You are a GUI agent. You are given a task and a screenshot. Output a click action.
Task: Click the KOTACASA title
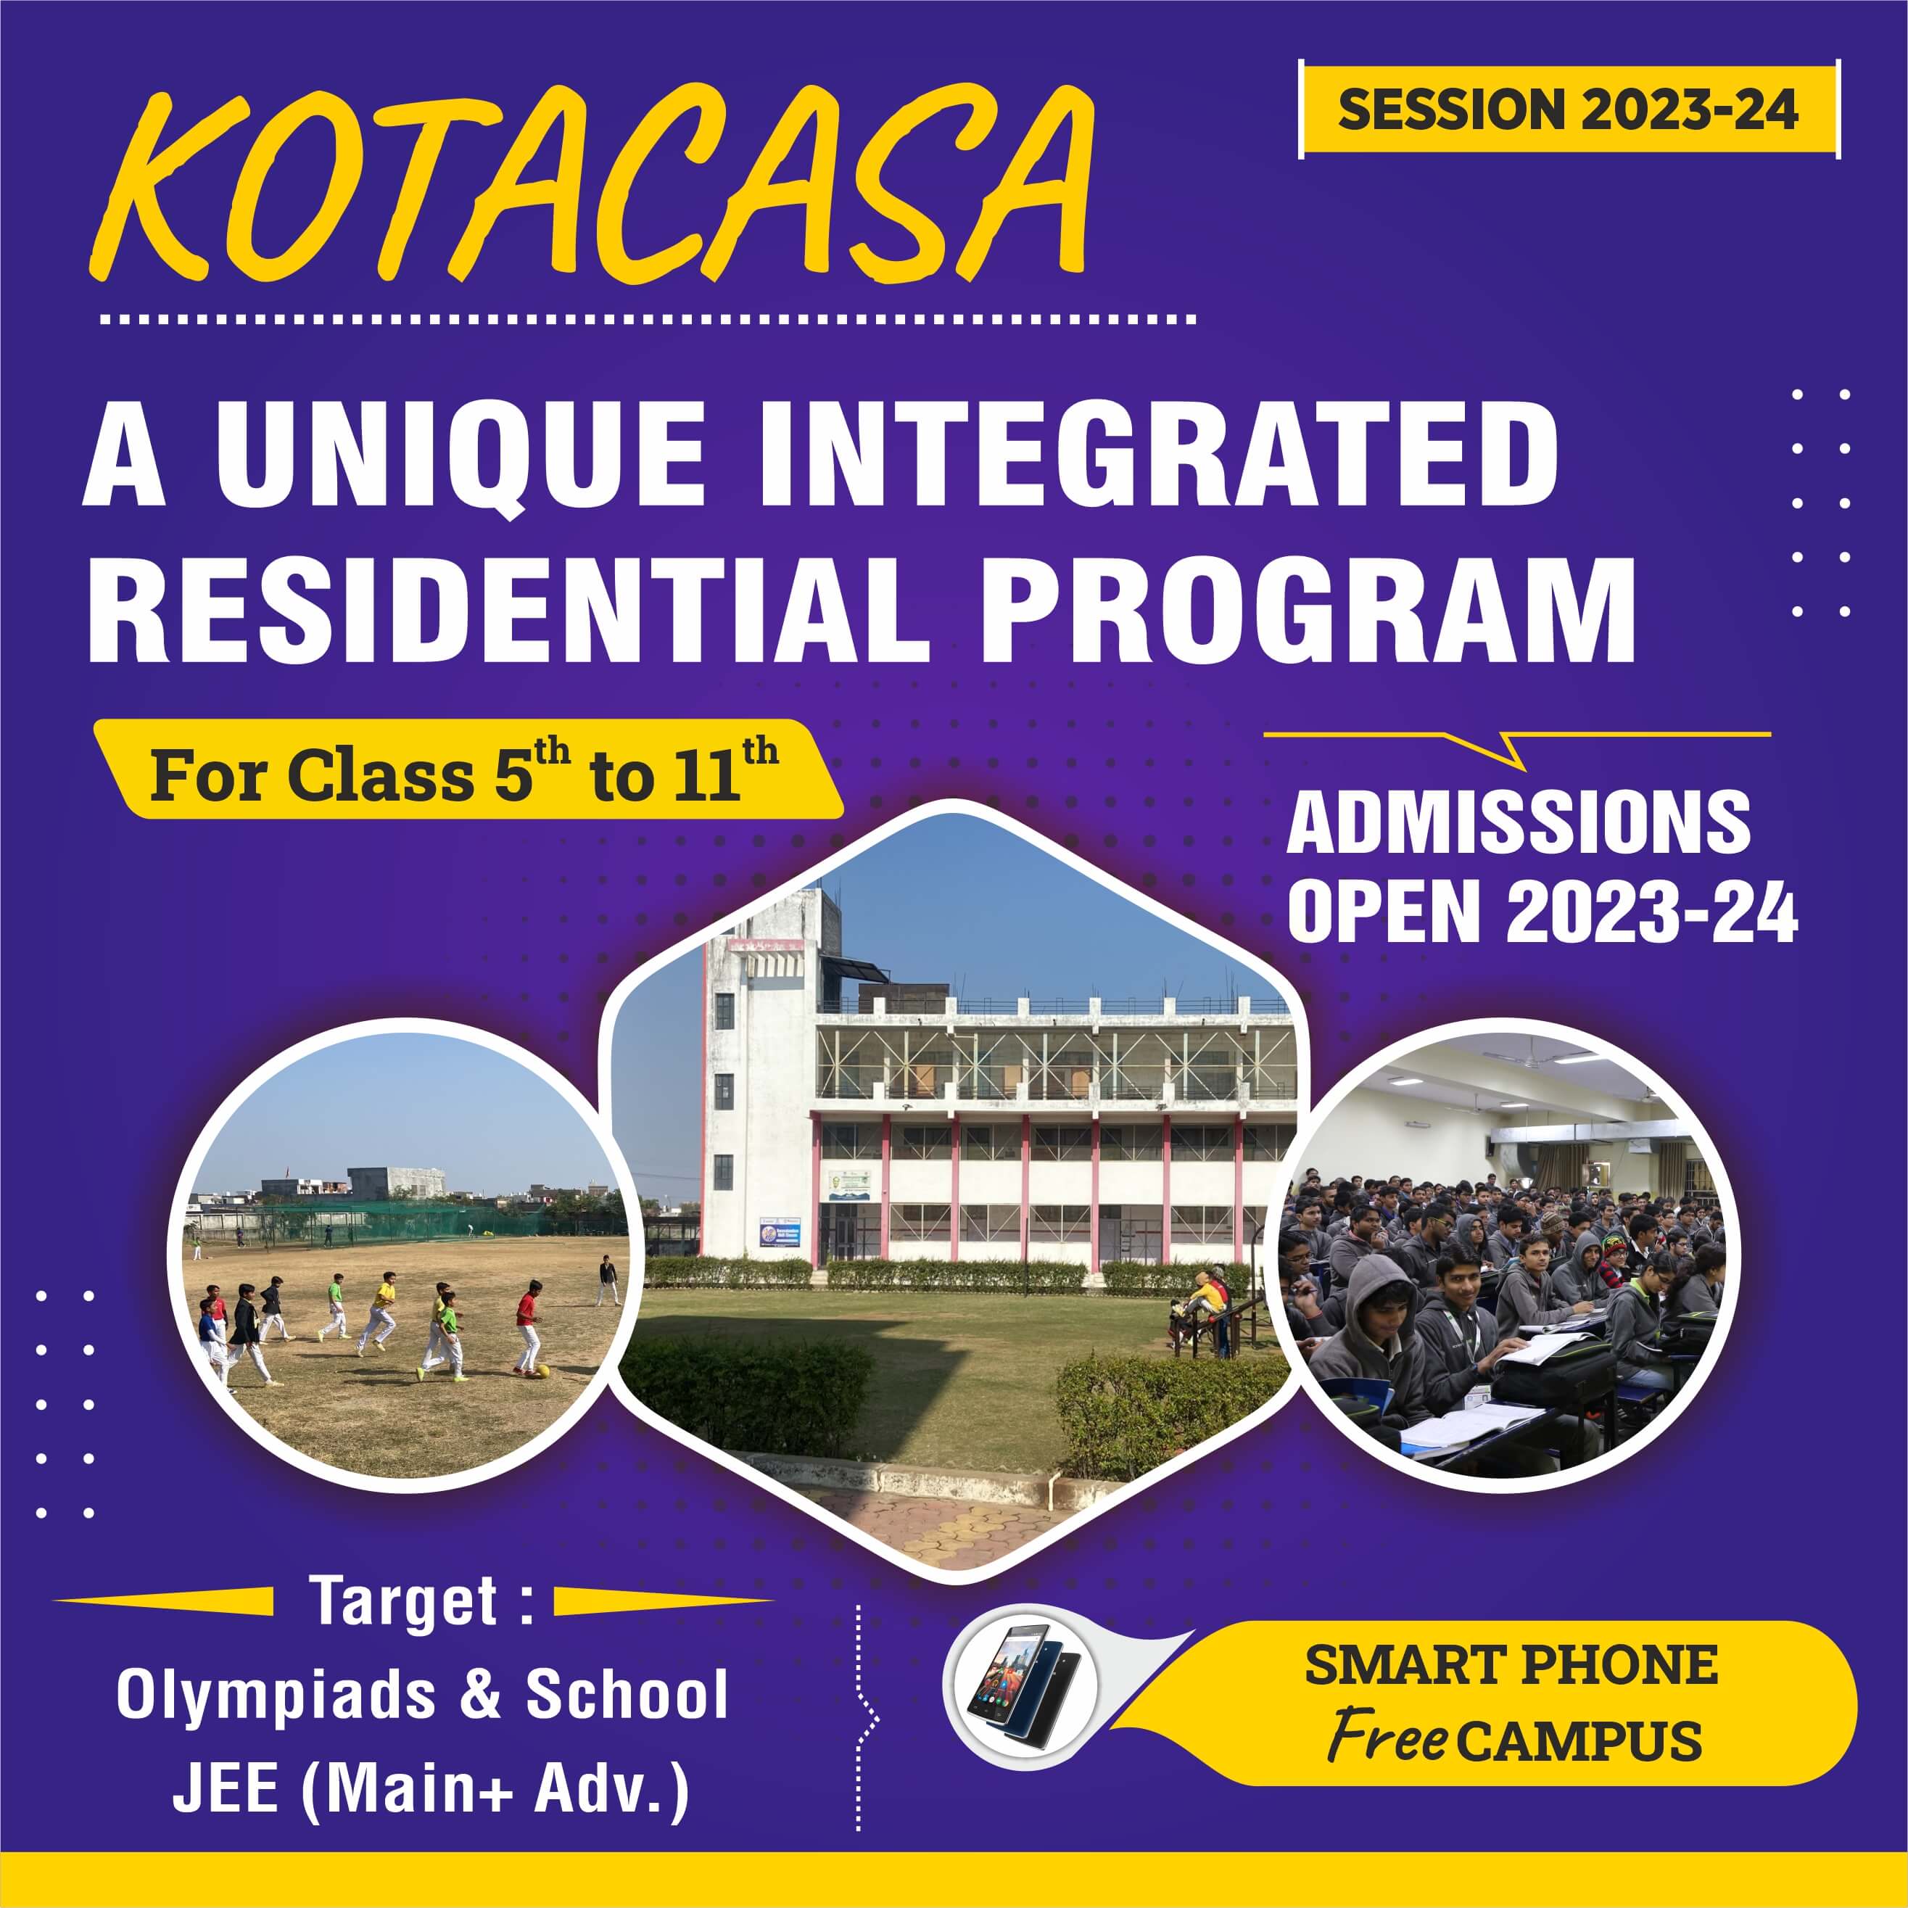coord(592,183)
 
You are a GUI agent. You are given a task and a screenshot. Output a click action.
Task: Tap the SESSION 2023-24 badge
coord(1569,109)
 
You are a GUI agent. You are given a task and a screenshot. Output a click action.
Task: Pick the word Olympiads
coord(276,1696)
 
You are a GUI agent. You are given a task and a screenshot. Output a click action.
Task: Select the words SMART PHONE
coord(1511,1665)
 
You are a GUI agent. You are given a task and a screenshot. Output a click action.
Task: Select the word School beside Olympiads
coord(626,1695)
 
